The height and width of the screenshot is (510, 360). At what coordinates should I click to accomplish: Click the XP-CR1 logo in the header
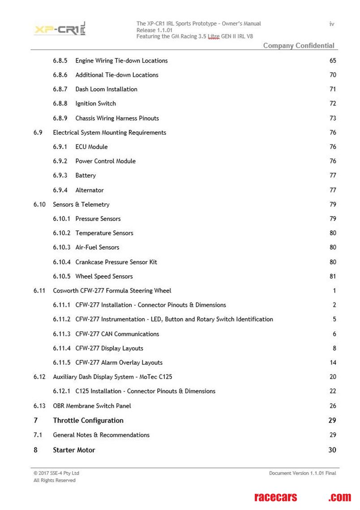pos(60,30)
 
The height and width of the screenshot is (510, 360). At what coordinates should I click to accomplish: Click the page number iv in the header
pos(332,24)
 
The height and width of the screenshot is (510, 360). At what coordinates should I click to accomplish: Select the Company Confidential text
pos(299,46)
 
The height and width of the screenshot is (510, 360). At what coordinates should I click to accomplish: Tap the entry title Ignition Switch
pos(95,104)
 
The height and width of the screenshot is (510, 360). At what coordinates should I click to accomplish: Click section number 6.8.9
pos(60,118)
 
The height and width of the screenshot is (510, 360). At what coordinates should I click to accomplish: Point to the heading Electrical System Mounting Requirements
pos(109,132)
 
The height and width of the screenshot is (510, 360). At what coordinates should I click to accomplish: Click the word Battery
pos(86,176)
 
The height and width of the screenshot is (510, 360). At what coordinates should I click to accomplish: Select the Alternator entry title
pos(90,190)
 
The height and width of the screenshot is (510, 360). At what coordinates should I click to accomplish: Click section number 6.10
pos(39,204)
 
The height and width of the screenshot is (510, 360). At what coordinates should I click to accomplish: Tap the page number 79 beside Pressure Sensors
pos(333,219)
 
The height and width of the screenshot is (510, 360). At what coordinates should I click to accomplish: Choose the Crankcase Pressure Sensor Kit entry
pos(116,262)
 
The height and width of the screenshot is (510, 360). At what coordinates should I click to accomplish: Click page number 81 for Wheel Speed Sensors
pos(333,276)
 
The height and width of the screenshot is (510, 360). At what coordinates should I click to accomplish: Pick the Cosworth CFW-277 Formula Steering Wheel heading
pos(112,291)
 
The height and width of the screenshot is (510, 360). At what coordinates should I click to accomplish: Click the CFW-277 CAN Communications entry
pos(117,334)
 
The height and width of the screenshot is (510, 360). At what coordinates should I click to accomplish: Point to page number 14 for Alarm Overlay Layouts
pos(333,363)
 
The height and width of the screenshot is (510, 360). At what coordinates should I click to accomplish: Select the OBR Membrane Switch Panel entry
pos(92,406)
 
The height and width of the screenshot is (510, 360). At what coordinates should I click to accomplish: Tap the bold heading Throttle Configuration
pos(88,421)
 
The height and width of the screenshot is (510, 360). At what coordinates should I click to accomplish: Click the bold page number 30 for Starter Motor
pos(332,450)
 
